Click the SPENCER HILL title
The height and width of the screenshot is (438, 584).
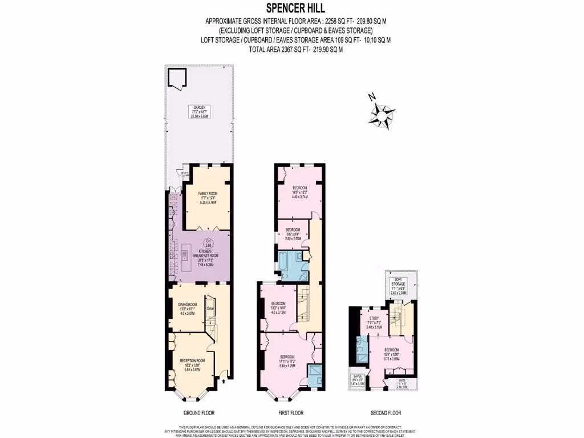(291, 8)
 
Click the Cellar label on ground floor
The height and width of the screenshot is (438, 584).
(210, 309)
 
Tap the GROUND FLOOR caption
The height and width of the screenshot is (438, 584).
(200, 413)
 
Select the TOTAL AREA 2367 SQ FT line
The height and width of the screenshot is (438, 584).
(296, 50)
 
